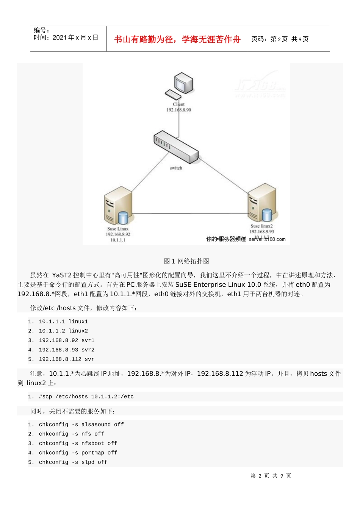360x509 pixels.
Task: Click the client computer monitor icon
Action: click(184, 83)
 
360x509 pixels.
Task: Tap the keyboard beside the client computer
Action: click(173, 94)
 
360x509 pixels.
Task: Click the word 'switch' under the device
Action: click(176, 168)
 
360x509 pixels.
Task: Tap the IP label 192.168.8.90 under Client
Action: click(179, 110)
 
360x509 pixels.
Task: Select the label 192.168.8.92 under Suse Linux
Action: click(118, 234)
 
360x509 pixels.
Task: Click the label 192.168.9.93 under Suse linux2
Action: click(261, 231)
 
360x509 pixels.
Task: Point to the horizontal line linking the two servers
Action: click(189, 214)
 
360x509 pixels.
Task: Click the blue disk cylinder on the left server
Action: click(123, 218)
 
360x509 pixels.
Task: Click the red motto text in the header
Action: click(177, 39)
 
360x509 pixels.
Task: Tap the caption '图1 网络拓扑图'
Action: click(186, 261)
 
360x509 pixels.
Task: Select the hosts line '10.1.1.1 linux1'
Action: click(63, 322)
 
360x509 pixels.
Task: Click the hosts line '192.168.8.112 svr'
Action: click(66, 359)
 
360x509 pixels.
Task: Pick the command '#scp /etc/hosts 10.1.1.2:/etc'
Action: click(86, 397)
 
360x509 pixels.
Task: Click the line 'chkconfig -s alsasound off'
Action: click(81, 425)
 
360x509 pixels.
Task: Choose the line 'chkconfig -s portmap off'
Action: click(78, 453)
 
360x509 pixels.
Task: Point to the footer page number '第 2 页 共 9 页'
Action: click(271, 476)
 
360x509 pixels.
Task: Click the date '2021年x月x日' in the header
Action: click(75, 37)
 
